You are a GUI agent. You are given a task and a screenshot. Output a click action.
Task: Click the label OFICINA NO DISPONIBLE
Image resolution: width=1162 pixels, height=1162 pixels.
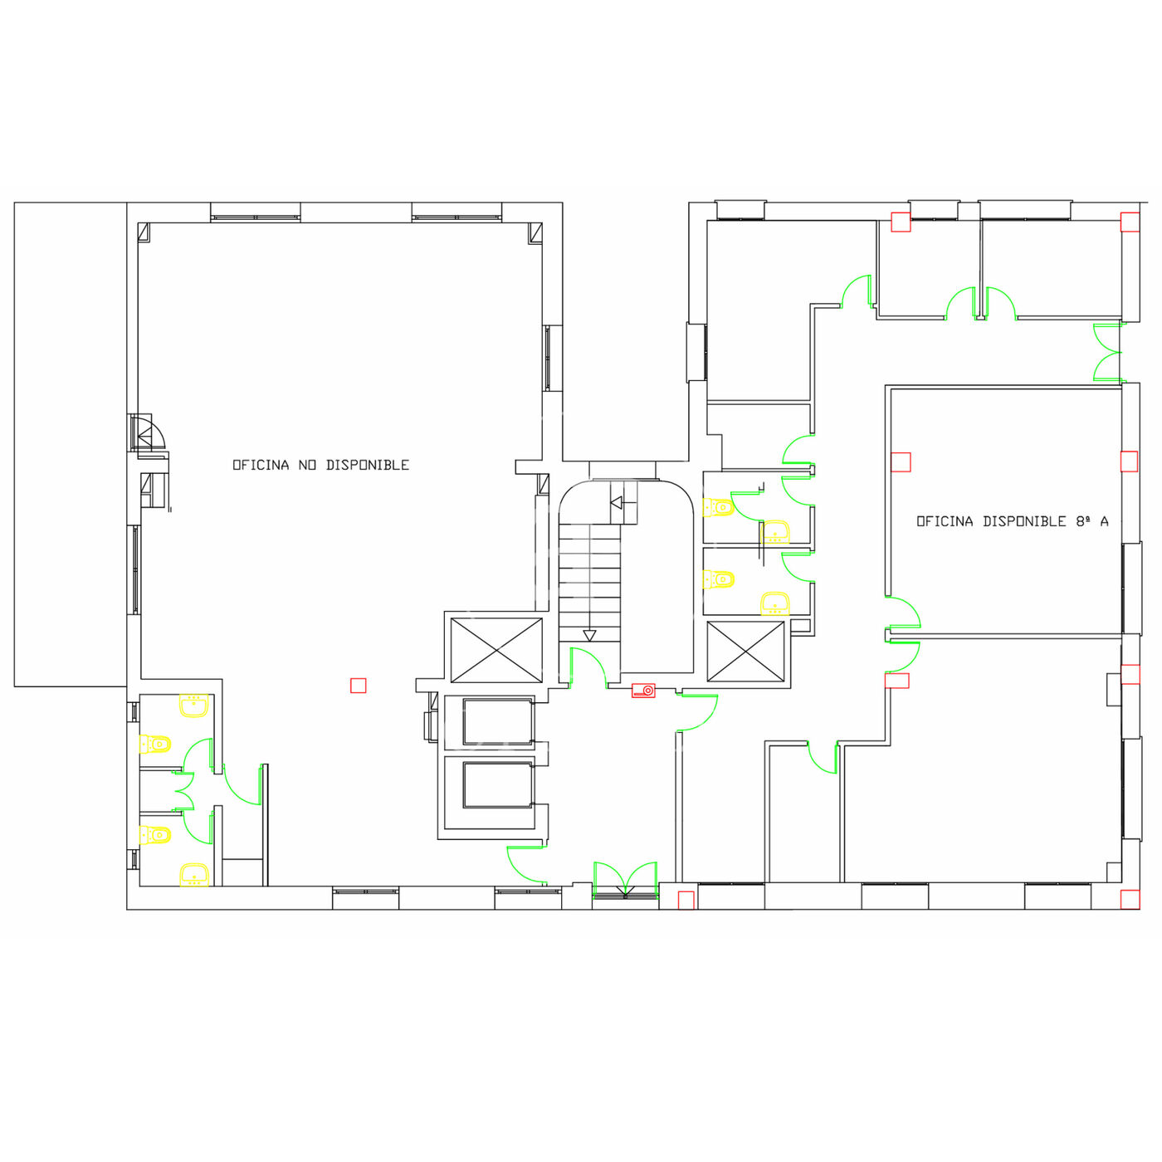(x=321, y=465)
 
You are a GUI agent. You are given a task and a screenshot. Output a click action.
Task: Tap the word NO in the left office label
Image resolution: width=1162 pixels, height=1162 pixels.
(x=307, y=465)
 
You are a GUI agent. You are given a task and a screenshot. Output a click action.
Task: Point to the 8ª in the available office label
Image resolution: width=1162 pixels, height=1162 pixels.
(x=1083, y=521)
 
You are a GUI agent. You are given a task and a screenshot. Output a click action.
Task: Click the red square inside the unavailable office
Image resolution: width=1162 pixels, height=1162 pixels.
(x=359, y=686)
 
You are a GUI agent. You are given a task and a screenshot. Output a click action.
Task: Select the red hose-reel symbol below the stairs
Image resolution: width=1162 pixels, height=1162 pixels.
(x=643, y=690)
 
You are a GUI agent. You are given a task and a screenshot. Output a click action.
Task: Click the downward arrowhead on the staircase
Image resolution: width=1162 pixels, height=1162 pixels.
(x=590, y=636)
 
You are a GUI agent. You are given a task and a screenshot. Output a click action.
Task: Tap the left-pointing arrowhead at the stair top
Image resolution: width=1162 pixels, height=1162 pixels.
(x=617, y=502)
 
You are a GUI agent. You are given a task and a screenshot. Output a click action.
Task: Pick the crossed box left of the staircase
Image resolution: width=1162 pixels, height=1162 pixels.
(x=496, y=650)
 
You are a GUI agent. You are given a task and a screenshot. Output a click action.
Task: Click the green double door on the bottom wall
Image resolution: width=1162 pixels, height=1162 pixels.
(x=625, y=879)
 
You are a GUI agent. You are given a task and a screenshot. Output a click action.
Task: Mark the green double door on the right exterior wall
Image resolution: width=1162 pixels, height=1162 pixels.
(x=1108, y=352)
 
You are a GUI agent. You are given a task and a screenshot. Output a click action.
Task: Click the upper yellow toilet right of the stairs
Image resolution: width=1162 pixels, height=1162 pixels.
(x=718, y=507)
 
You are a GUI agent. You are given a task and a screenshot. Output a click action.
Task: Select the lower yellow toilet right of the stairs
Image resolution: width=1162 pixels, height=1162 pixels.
(x=718, y=579)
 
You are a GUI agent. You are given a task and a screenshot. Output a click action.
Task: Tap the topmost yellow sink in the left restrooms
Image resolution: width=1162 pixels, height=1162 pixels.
(x=194, y=705)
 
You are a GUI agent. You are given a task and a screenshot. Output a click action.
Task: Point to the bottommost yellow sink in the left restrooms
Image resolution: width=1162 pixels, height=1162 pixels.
(x=194, y=875)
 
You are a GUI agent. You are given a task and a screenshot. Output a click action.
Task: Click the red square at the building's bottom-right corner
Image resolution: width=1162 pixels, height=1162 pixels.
(x=1130, y=900)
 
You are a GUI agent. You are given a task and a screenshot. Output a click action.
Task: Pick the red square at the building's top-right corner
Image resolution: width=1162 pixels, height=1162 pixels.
(x=1130, y=222)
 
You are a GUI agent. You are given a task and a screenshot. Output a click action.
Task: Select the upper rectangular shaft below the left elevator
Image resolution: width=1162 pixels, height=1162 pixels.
(x=497, y=722)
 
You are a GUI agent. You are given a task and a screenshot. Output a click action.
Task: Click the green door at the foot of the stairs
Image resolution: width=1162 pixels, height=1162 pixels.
(x=588, y=667)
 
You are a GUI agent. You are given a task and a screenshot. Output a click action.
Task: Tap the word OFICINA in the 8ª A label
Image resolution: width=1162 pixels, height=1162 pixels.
(x=945, y=521)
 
